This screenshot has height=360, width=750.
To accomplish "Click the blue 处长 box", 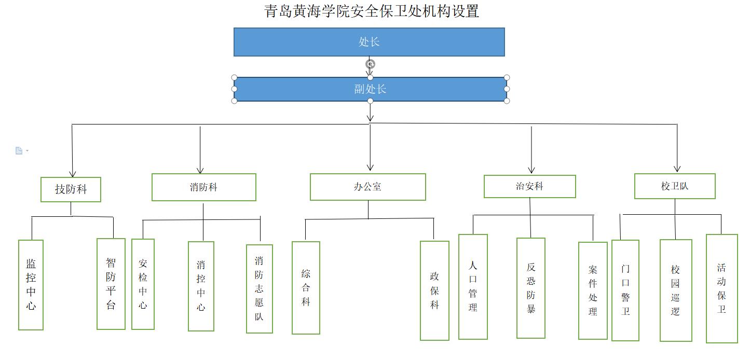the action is tap(369, 42).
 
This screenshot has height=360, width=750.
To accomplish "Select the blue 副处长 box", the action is tap(370, 89).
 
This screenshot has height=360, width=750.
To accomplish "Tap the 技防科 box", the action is tap(71, 189).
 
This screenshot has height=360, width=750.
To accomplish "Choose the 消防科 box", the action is tap(203, 187).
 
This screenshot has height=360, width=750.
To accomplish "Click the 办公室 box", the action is tap(367, 187).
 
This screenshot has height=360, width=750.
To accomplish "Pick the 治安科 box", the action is tap(530, 186).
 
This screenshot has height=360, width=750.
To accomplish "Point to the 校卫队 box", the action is tap(675, 186).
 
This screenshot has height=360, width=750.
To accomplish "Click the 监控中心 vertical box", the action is tap(31, 285).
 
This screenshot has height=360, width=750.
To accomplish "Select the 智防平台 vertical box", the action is tap(111, 284).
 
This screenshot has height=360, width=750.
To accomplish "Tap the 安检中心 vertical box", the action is tap(143, 284).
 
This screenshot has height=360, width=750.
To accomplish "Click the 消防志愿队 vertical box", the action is tap(259, 289).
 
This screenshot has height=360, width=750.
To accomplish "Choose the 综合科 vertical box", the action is tap(306, 288).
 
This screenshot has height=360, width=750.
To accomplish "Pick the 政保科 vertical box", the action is tap(434, 290).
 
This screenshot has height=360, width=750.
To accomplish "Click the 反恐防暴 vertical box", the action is tap(530, 288).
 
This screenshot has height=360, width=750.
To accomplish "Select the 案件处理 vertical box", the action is tap(593, 290).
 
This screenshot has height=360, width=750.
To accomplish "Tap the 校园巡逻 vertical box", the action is tap(676, 290).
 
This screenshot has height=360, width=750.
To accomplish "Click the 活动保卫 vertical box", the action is tap(721, 288).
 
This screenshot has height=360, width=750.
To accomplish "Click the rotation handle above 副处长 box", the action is tap(370, 64).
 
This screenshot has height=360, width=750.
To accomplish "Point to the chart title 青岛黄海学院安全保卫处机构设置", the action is tap(372, 11).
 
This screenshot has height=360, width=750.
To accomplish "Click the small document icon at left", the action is tap(19, 151).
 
